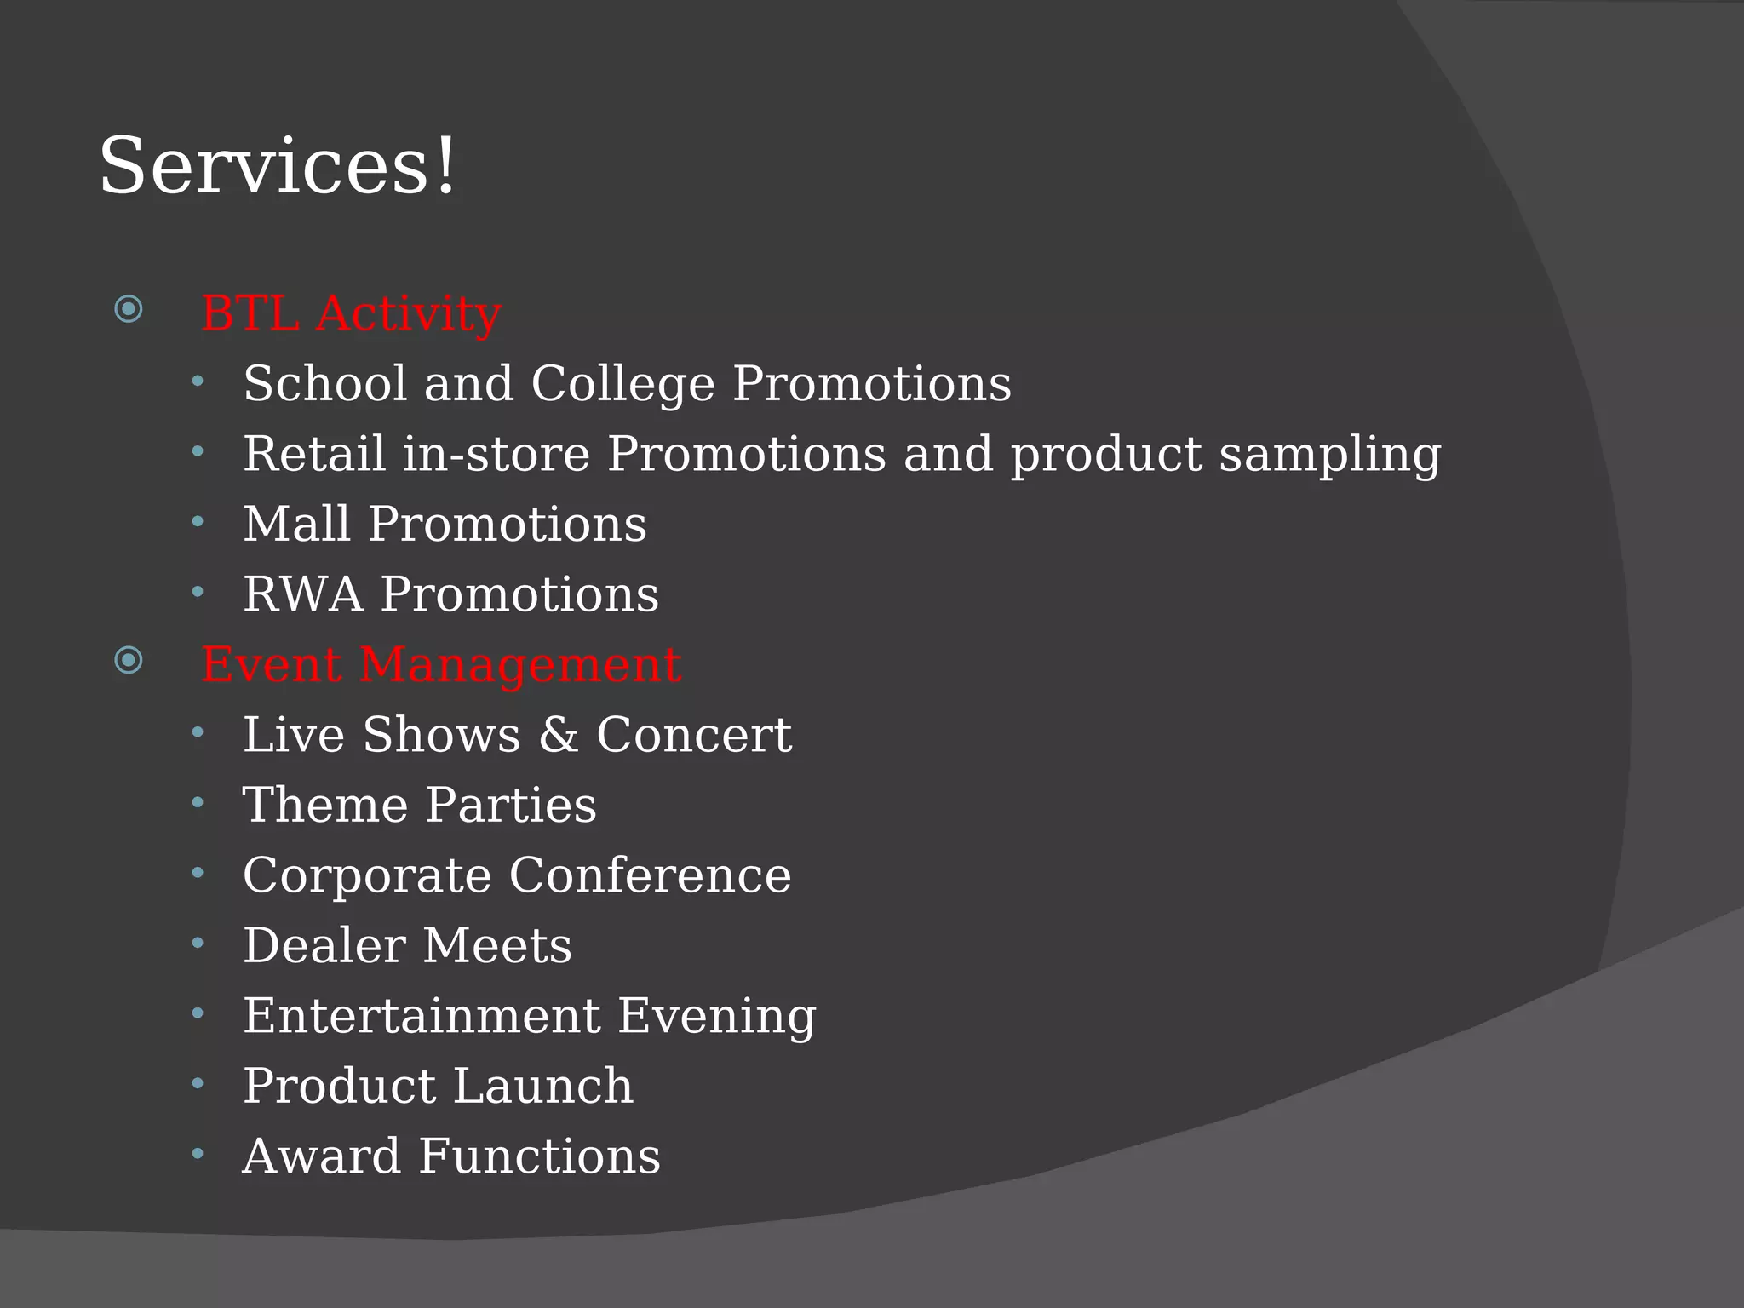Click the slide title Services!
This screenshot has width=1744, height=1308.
(x=278, y=166)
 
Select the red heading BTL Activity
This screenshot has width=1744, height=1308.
(x=351, y=313)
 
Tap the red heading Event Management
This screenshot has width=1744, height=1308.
(x=441, y=664)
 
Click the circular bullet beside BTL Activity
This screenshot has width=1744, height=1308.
(x=129, y=308)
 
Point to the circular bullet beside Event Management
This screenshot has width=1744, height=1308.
(x=129, y=659)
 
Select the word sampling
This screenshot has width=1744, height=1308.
(x=1329, y=454)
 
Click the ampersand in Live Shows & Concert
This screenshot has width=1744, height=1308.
(x=558, y=734)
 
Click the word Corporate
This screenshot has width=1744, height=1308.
(x=367, y=875)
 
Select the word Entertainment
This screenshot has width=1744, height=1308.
(x=422, y=1015)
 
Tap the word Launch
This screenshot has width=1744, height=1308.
(x=542, y=1086)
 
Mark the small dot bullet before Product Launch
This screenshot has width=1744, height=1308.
(x=198, y=1083)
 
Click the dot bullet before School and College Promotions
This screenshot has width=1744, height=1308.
(x=198, y=381)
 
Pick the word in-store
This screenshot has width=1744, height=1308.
(x=496, y=454)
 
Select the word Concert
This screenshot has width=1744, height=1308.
(x=693, y=734)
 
